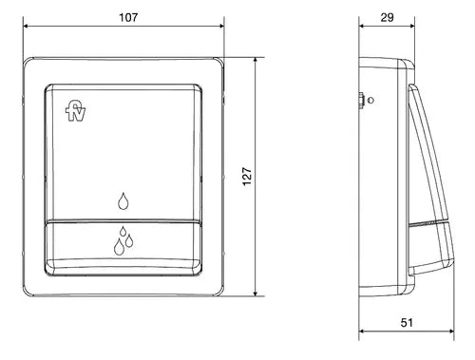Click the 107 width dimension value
[128, 17]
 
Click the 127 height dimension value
[247, 177]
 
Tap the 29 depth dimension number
[387, 17]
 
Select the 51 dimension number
[407, 322]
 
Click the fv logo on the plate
[75, 110]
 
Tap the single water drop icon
[123, 200]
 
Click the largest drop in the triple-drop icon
[119, 247]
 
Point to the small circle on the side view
[370, 101]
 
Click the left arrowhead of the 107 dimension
[26, 27]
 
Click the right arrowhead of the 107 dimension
[221, 27]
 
